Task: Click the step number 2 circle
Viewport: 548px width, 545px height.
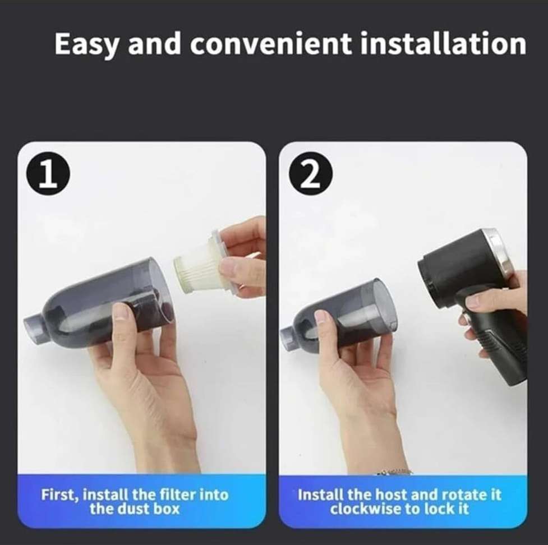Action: pos(310,176)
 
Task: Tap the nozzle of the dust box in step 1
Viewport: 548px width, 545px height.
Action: pos(34,324)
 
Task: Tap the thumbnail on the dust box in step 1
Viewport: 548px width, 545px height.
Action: pos(121,312)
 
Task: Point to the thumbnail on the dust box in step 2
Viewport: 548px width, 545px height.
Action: pos(321,317)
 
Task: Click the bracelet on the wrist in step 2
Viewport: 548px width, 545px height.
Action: pos(393,472)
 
